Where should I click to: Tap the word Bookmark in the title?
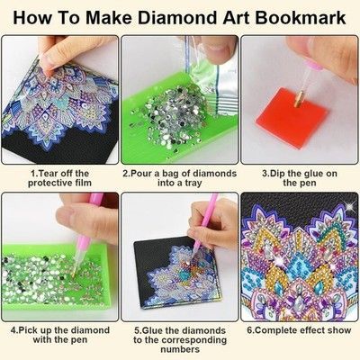(301, 18)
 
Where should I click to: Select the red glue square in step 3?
(291, 118)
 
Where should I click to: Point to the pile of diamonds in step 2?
(174, 117)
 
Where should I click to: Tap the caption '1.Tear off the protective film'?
(59, 178)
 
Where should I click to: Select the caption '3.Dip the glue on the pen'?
(300, 178)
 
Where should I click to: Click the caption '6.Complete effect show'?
(299, 330)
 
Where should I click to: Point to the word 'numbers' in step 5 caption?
(180, 349)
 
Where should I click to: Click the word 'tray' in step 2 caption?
(193, 184)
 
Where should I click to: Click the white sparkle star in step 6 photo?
(349, 206)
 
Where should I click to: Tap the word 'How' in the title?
(32, 18)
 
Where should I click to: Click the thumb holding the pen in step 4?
(72, 218)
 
